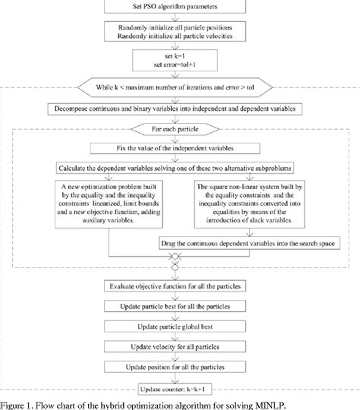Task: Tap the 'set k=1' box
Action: pyautogui.click(x=179, y=59)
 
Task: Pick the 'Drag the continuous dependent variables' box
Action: pyautogui.click(x=248, y=244)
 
